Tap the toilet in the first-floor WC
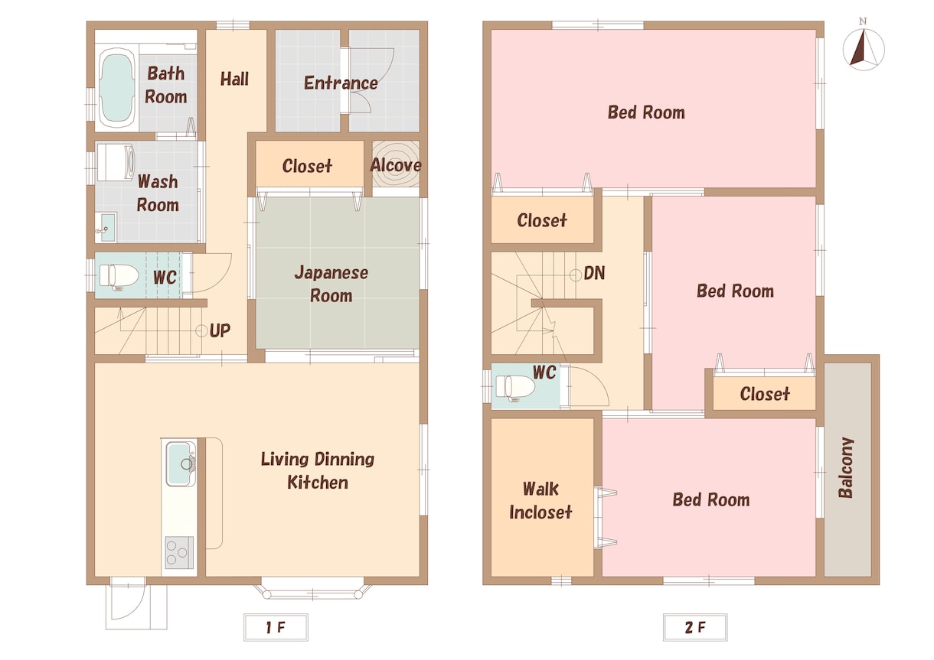[x=119, y=275]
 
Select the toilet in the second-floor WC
[x=515, y=387]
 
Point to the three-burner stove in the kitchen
[x=180, y=552]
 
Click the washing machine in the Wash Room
[x=116, y=162]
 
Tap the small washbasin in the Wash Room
[x=106, y=227]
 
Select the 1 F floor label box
[x=276, y=626]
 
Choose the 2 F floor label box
[x=695, y=626]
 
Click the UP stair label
[x=220, y=330]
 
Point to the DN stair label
[x=594, y=273]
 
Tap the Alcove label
[x=396, y=165]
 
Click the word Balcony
[x=846, y=467]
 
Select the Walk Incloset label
[x=540, y=500]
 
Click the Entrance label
[x=341, y=83]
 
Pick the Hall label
[x=234, y=79]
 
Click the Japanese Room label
[x=331, y=284]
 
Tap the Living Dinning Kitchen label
[x=318, y=470]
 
